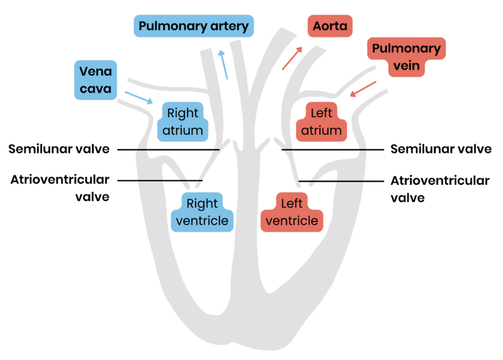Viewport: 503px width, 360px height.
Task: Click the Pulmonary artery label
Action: [x=193, y=27]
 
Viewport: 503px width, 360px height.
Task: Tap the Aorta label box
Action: [x=329, y=27]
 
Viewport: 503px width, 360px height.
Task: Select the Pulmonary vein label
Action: [x=406, y=57]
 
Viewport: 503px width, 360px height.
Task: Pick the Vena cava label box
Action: [x=96, y=80]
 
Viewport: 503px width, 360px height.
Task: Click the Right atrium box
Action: [x=183, y=121]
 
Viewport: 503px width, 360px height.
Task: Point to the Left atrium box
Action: [x=325, y=121]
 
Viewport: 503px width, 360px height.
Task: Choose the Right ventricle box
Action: [x=203, y=211]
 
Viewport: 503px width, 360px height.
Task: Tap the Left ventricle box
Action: [x=291, y=211]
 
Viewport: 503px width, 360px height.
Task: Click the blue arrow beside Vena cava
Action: [x=138, y=97]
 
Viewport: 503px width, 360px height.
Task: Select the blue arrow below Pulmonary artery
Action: [x=224, y=65]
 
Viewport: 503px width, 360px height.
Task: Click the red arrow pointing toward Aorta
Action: [x=291, y=59]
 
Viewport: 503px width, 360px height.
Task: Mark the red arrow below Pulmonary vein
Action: [x=363, y=89]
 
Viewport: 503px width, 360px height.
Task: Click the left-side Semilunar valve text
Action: [x=59, y=149]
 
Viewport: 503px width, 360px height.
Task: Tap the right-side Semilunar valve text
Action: [x=441, y=149]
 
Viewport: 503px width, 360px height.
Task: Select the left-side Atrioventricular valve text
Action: [x=60, y=188]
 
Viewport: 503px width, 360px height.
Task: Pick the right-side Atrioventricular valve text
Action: [x=440, y=188]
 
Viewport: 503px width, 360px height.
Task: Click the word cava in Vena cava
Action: [x=96, y=89]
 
